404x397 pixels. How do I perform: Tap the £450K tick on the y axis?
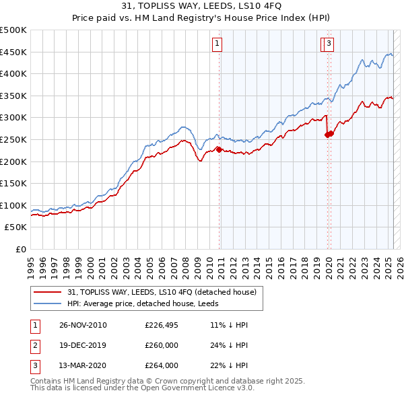pos(13,52)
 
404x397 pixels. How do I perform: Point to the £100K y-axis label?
pos(13,205)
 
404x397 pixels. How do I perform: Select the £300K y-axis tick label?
pos(13,118)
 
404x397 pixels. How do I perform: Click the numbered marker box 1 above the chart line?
pos(218,44)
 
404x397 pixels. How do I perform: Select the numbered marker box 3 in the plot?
pos(329,44)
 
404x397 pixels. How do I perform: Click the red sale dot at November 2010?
pos(219,149)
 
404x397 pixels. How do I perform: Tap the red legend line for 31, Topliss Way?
pos(47,293)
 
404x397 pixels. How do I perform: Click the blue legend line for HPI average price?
pos(47,303)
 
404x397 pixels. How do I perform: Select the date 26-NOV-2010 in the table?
pos(83,325)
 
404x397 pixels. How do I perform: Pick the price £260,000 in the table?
pos(162,346)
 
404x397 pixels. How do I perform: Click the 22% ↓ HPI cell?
pos(229,366)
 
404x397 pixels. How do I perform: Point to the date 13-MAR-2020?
pos(83,366)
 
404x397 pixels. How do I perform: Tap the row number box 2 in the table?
pos(34,346)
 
